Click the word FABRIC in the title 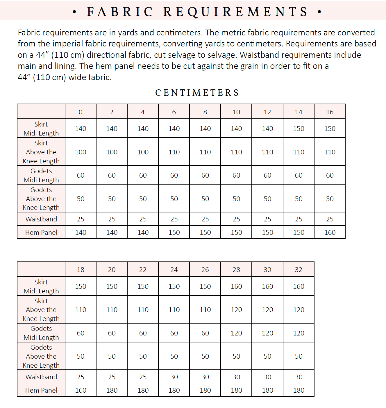point(120,12)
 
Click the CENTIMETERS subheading point(197,93)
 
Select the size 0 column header point(81,112)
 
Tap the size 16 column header point(330,112)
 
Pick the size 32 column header point(299,270)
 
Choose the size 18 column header point(81,270)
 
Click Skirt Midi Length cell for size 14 point(299,129)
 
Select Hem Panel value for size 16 point(330,232)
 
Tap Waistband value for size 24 point(174,377)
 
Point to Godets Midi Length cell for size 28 point(236,333)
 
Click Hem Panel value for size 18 point(81,390)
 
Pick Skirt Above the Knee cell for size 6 point(174,152)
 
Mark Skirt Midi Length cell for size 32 point(299,286)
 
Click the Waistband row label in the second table point(41,377)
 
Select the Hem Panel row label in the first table point(41,232)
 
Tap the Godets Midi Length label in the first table point(41,175)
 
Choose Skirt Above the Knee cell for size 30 point(267,310)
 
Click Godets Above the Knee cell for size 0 point(81,199)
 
